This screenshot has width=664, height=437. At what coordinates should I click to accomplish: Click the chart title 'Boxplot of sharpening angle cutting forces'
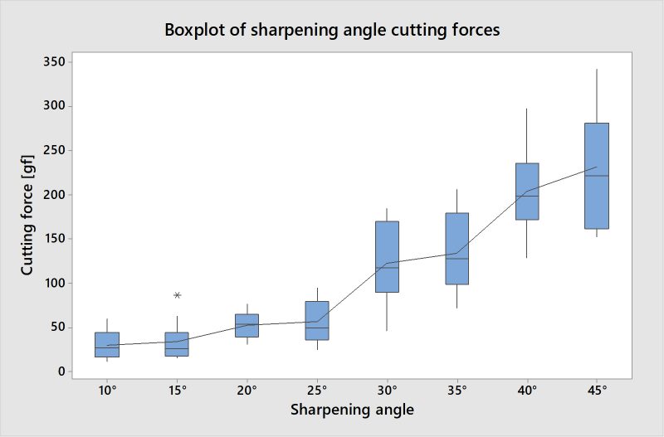pyautogui.click(x=331, y=31)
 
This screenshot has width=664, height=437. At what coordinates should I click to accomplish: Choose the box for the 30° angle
pyautogui.click(x=387, y=256)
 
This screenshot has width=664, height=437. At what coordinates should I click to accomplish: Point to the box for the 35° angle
pyautogui.click(x=456, y=249)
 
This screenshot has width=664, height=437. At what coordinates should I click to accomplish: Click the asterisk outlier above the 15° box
pyautogui.click(x=177, y=295)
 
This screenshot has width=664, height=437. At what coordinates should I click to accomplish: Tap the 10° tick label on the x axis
pyautogui.click(x=107, y=390)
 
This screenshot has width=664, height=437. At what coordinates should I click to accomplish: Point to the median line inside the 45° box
pyautogui.click(x=597, y=176)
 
